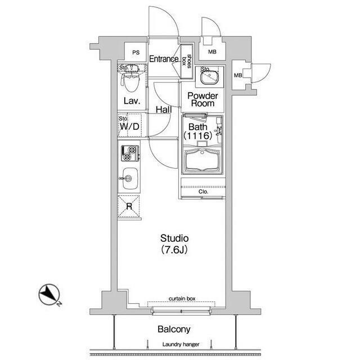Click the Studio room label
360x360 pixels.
point(174,238)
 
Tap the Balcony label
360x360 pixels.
point(174,330)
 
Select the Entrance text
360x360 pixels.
point(164,59)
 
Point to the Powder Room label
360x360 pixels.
point(202,100)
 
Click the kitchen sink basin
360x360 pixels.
point(130,178)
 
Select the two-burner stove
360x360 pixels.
point(130,153)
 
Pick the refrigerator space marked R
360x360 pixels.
point(129,206)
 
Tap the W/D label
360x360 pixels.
point(129,127)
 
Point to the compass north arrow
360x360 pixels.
point(49,295)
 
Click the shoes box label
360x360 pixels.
point(186,61)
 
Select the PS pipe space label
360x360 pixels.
point(136,52)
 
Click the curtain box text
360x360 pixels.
point(182,299)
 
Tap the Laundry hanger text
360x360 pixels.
point(181,344)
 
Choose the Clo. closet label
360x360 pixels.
point(204,192)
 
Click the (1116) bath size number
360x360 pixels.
point(197,136)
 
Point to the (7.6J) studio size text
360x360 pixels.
point(174,249)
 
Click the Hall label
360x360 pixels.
point(164,110)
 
